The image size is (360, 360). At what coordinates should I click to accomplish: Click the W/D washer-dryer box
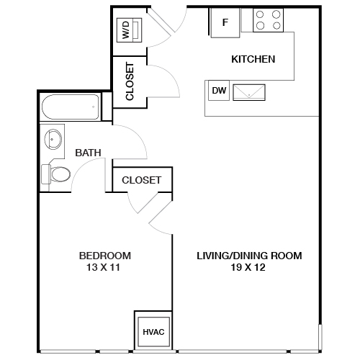click(127, 30)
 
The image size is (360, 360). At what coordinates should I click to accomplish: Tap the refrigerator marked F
click(225, 22)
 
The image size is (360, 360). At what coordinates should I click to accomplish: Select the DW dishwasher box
click(219, 91)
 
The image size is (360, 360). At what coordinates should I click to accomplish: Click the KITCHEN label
click(252, 59)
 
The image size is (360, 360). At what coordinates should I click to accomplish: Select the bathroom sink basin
click(54, 138)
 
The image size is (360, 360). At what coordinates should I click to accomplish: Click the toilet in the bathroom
click(56, 174)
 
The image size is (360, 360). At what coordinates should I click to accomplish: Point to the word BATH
click(88, 153)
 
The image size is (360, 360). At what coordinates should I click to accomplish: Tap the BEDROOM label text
click(104, 256)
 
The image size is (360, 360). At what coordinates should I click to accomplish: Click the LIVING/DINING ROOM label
click(249, 256)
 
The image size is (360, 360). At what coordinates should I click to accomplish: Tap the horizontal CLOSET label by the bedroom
click(141, 180)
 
